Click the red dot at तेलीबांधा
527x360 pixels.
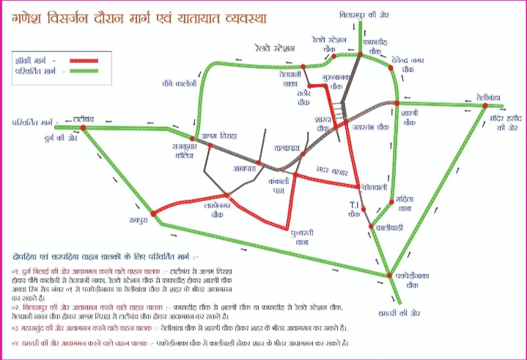click(484, 106)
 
